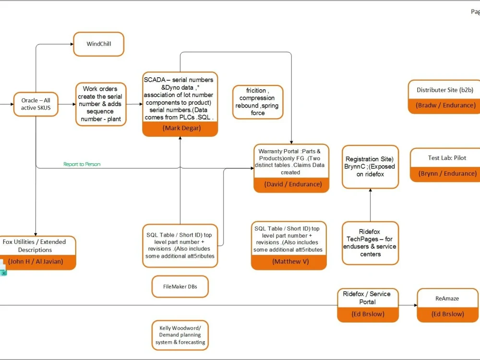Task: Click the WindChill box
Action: (x=98, y=44)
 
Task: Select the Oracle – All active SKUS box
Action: (x=36, y=104)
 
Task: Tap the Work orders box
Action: (x=101, y=104)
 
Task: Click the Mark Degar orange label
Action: (x=180, y=128)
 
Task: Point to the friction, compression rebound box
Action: (x=258, y=102)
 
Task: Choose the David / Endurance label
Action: (x=291, y=184)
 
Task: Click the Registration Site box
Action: (x=370, y=167)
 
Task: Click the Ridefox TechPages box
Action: (x=370, y=243)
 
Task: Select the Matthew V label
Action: (x=288, y=262)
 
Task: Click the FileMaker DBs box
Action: (x=180, y=287)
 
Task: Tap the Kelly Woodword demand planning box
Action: (x=180, y=335)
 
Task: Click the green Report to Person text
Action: (x=82, y=164)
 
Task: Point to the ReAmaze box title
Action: (x=447, y=299)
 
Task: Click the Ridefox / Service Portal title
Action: (x=367, y=298)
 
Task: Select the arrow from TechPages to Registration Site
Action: (x=370, y=205)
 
